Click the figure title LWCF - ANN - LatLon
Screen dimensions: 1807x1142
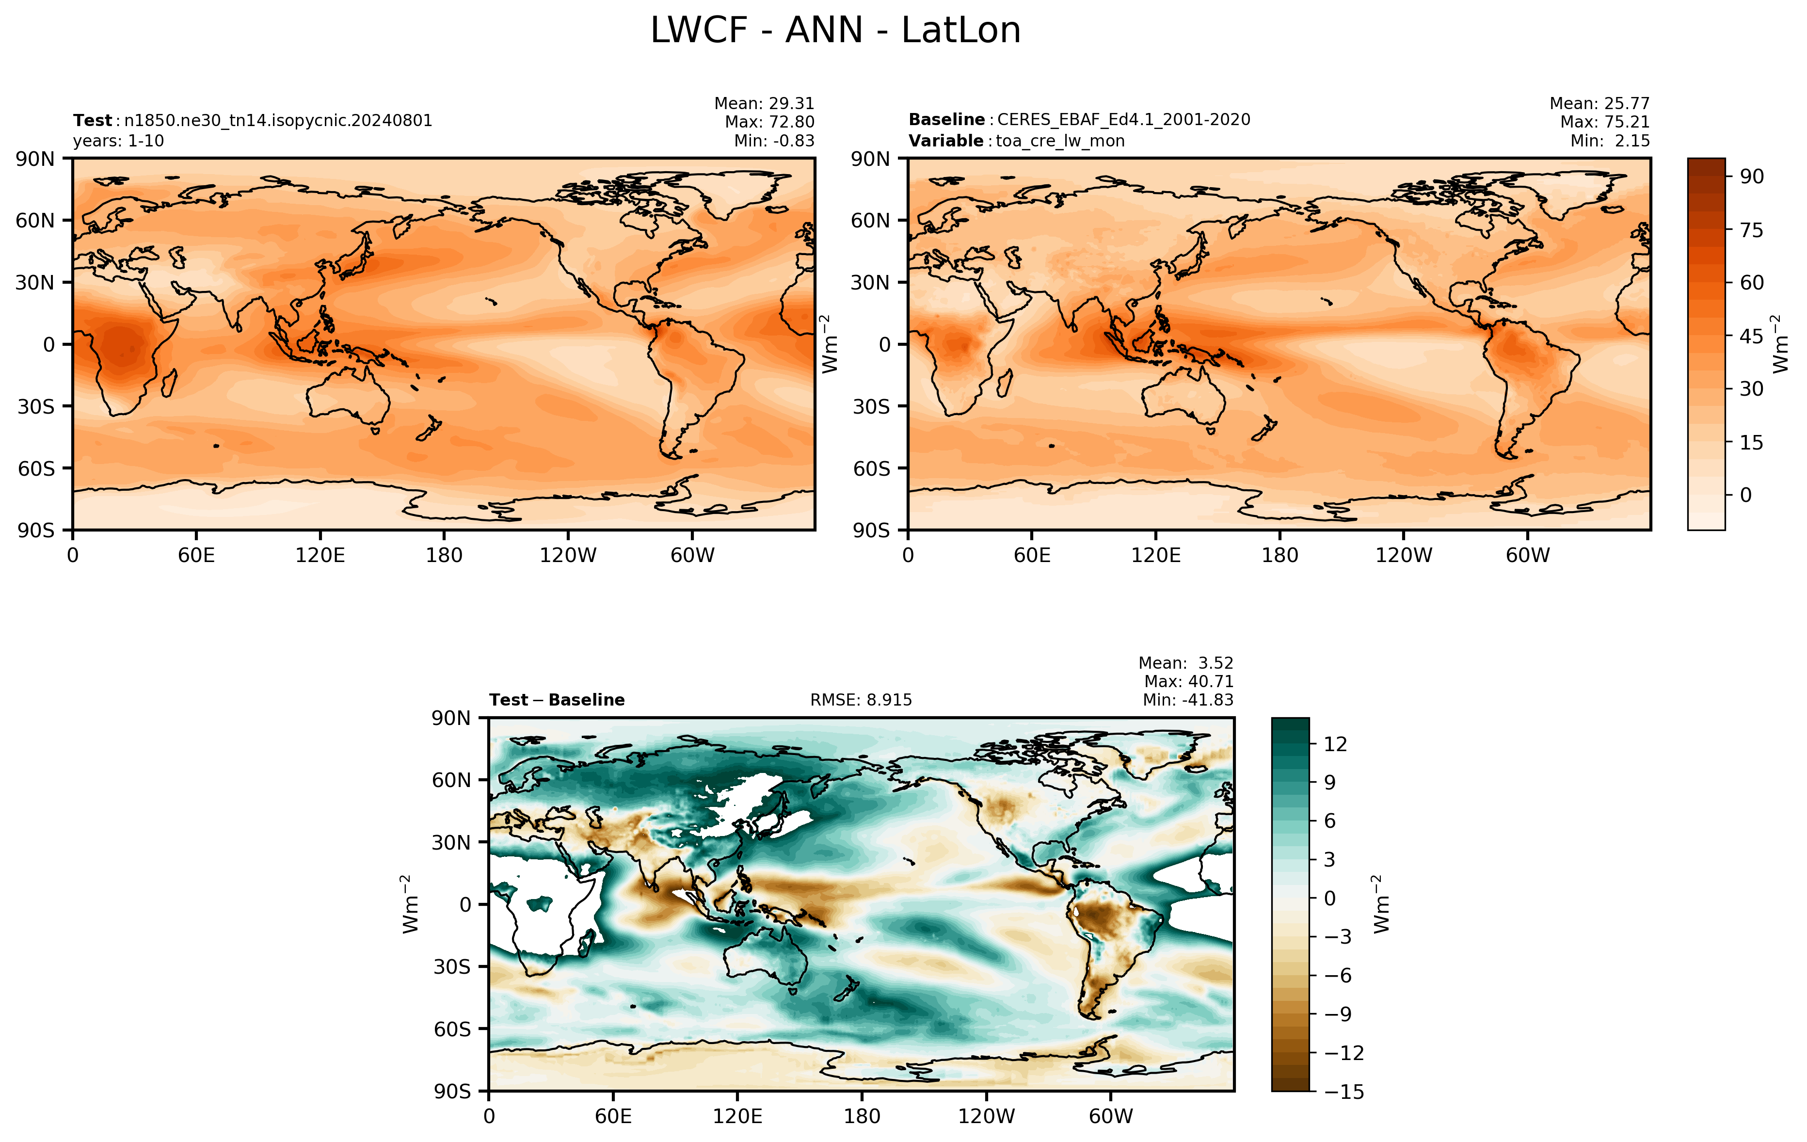[835, 31]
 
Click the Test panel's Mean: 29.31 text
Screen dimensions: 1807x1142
[764, 104]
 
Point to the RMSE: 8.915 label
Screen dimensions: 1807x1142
[861, 700]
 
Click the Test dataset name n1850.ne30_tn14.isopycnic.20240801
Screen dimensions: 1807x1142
[278, 121]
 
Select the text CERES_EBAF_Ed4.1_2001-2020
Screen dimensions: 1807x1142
[1123, 120]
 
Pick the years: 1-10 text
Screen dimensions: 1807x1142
[119, 141]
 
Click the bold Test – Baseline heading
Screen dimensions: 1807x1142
[557, 700]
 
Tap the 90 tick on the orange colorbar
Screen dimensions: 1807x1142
[1751, 177]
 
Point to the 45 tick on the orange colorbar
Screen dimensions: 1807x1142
[1751, 336]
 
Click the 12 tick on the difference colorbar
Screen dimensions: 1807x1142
[1335, 744]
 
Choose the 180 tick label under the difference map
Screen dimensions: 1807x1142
[862, 1116]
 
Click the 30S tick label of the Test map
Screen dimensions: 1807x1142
[36, 407]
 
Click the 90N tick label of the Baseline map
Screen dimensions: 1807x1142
[870, 159]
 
